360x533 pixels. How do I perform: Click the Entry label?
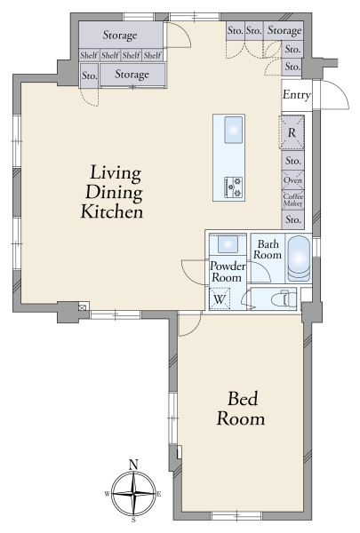pos(297,95)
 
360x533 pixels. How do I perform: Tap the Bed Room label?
pos(241,409)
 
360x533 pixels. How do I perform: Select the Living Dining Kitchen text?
pos(112,192)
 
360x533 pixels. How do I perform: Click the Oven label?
pos(292,179)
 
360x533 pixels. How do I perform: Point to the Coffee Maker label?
pos(292,200)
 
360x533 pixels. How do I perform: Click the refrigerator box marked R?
pos(292,132)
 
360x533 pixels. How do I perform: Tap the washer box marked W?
pos(220,298)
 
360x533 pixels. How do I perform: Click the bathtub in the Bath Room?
pos(299,259)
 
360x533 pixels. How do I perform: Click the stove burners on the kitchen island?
pos(234,187)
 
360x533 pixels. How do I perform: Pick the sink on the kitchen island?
pos(234,130)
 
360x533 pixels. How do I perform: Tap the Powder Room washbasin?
pos(228,244)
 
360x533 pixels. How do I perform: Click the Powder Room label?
pos(228,272)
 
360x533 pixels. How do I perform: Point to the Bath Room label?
pos(268,249)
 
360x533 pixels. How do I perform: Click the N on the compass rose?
pos(133,465)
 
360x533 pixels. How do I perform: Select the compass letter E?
pos(159,494)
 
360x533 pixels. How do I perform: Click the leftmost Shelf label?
pos(89,55)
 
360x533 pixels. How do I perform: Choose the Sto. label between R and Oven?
pos(292,160)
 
